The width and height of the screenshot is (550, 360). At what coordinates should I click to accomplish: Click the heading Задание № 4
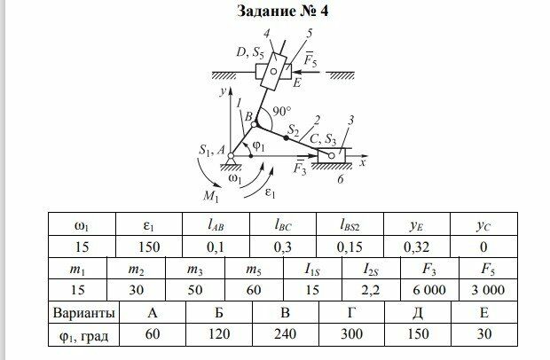[274, 12]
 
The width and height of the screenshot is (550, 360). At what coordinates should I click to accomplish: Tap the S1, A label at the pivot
[210, 152]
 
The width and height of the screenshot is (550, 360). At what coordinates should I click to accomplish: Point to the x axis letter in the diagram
[365, 165]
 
